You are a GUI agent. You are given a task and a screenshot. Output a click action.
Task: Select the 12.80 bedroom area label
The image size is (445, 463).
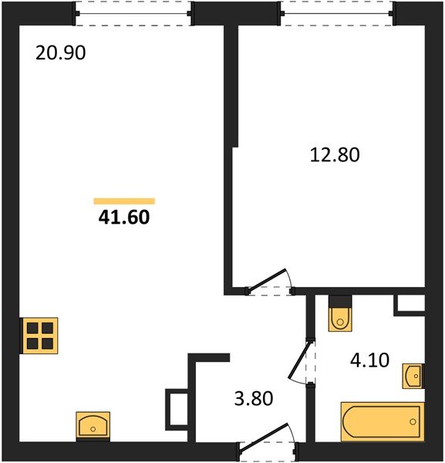pos(335,154)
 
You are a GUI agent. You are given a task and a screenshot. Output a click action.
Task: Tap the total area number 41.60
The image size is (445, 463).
pos(123,218)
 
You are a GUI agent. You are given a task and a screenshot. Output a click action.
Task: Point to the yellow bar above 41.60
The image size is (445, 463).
pos(123,201)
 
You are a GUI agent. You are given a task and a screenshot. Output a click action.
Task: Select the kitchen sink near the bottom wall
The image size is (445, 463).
pos(93,425)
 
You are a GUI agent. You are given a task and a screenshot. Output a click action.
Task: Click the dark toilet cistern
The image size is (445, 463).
pos(339,301)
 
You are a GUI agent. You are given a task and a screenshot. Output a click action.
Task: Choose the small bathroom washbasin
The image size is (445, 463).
pos(413,377)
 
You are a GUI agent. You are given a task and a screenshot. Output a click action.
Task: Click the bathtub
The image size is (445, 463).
pos(381,421)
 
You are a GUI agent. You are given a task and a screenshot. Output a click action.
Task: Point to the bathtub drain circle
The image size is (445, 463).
pos(413,421)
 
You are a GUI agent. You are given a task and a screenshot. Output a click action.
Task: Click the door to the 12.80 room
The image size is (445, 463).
pos(270,282)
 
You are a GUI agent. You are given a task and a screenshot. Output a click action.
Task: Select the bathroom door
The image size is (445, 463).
pos(302,362)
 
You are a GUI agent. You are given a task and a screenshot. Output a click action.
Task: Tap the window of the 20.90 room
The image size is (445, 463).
pos(133,12)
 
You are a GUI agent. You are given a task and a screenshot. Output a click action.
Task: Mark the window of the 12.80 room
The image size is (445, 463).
pos(337,12)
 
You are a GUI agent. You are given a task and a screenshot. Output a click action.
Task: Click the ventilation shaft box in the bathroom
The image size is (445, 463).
pos(410,305)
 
